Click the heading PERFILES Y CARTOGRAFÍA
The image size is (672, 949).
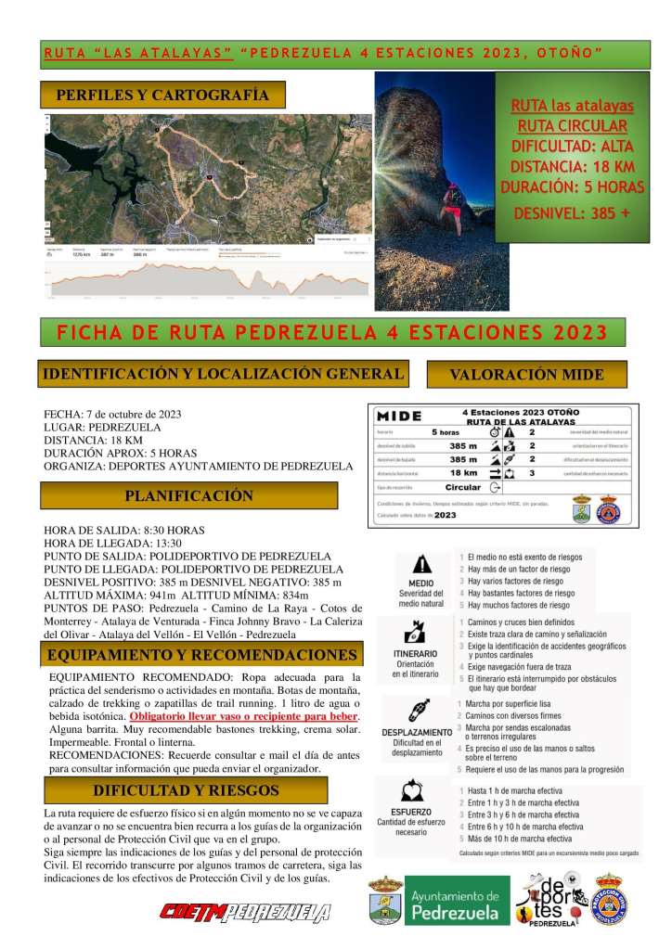coord(162,95)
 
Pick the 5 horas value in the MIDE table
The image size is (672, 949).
coord(445,432)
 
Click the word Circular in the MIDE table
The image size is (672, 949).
coord(462,487)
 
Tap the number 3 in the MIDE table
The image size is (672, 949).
coord(532,472)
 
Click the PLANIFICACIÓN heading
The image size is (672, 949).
coord(188,495)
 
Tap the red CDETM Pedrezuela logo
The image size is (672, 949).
coord(245,913)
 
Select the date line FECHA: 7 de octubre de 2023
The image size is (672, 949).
coord(112,414)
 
